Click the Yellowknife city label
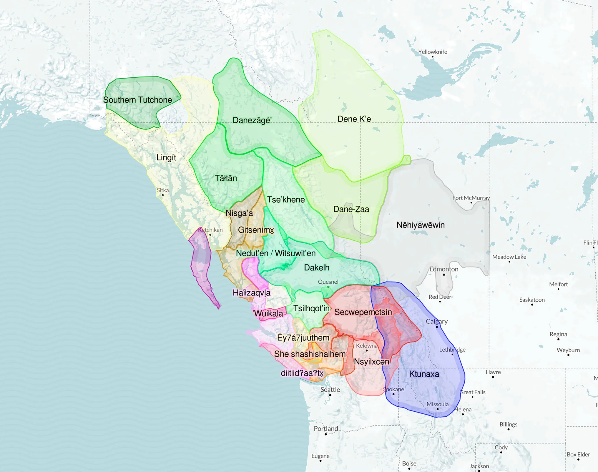click(433, 52)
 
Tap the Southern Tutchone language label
click(137, 100)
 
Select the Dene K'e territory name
click(354, 119)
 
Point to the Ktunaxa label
click(424, 374)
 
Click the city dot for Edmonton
click(444, 275)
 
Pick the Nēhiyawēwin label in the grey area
click(420, 225)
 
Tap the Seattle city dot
click(330, 395)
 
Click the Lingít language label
click(166, 158)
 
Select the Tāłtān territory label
click(226, 178)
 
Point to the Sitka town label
click(163, 190)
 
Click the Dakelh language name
click(316, 268)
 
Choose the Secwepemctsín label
click(363, 312)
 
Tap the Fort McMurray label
click(471, 198)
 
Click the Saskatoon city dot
click(532, 305)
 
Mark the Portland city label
click(326, 428)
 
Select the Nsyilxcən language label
click(371, 362)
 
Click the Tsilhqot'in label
click(311, 308)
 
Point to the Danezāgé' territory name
click(252, 120)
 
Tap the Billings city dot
click(509, 429)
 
